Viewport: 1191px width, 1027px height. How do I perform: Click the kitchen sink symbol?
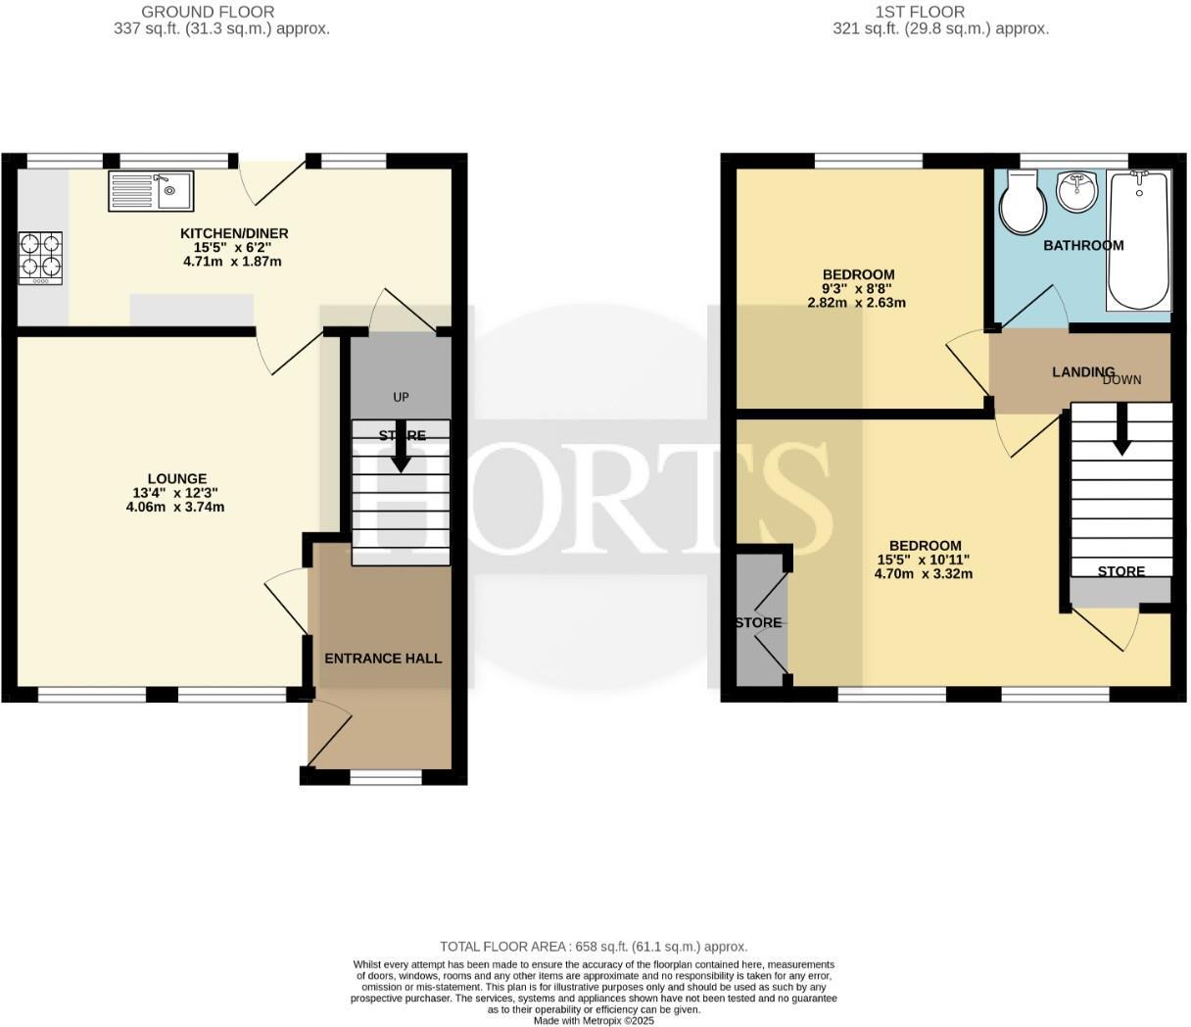click(152, 191)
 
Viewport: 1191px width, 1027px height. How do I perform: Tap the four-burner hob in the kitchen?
click(40, 258)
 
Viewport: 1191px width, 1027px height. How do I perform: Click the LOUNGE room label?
click(177, 479)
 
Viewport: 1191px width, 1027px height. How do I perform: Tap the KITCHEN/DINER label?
click(234, 233)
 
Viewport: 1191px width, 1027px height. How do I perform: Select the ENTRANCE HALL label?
click(383, 659)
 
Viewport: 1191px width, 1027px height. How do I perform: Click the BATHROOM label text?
click(1083, 245)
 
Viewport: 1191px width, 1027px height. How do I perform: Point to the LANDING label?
click(1082, 371)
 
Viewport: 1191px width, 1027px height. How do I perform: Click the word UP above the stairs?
click(401, 397)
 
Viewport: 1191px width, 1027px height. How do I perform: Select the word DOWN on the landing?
click(1122, 379)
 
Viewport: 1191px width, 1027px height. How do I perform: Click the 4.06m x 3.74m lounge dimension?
click(175, 507)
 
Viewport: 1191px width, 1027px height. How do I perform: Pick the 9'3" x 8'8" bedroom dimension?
click(857, 289)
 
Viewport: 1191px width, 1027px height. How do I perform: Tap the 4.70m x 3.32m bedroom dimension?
click(924, 573)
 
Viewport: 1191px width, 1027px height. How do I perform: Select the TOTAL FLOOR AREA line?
click(594, 947)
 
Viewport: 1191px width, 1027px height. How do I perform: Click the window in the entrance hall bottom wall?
click(386, 777)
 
